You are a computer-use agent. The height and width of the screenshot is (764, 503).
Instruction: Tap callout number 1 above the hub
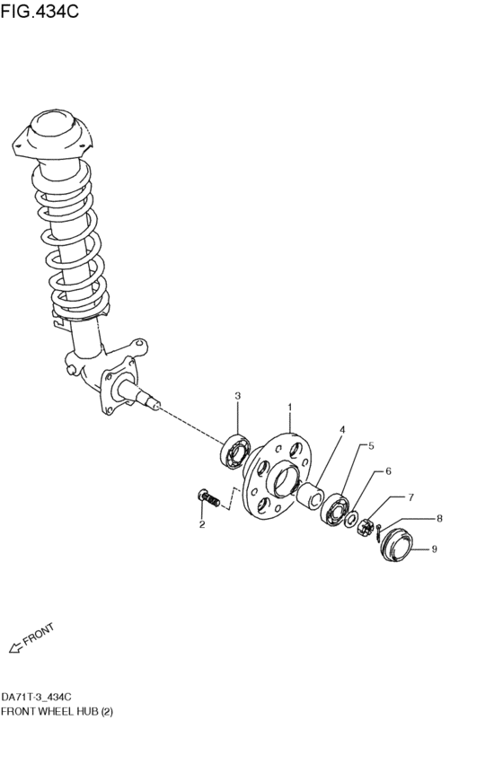[290, 408]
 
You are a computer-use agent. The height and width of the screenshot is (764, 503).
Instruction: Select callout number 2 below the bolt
[202, 524]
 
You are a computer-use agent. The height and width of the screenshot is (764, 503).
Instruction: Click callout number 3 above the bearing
[238, 396]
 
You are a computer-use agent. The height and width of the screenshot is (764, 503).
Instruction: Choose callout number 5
[371, 445]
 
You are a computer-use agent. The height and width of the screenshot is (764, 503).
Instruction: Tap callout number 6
[388, 471]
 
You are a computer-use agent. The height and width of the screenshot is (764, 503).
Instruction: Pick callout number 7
[410, 496]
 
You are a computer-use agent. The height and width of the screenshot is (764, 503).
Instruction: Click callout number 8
[439, 518]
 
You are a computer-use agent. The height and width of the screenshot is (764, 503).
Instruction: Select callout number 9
[434, 549]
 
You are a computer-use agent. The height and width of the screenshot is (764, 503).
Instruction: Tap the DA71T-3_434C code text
[37, 697]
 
